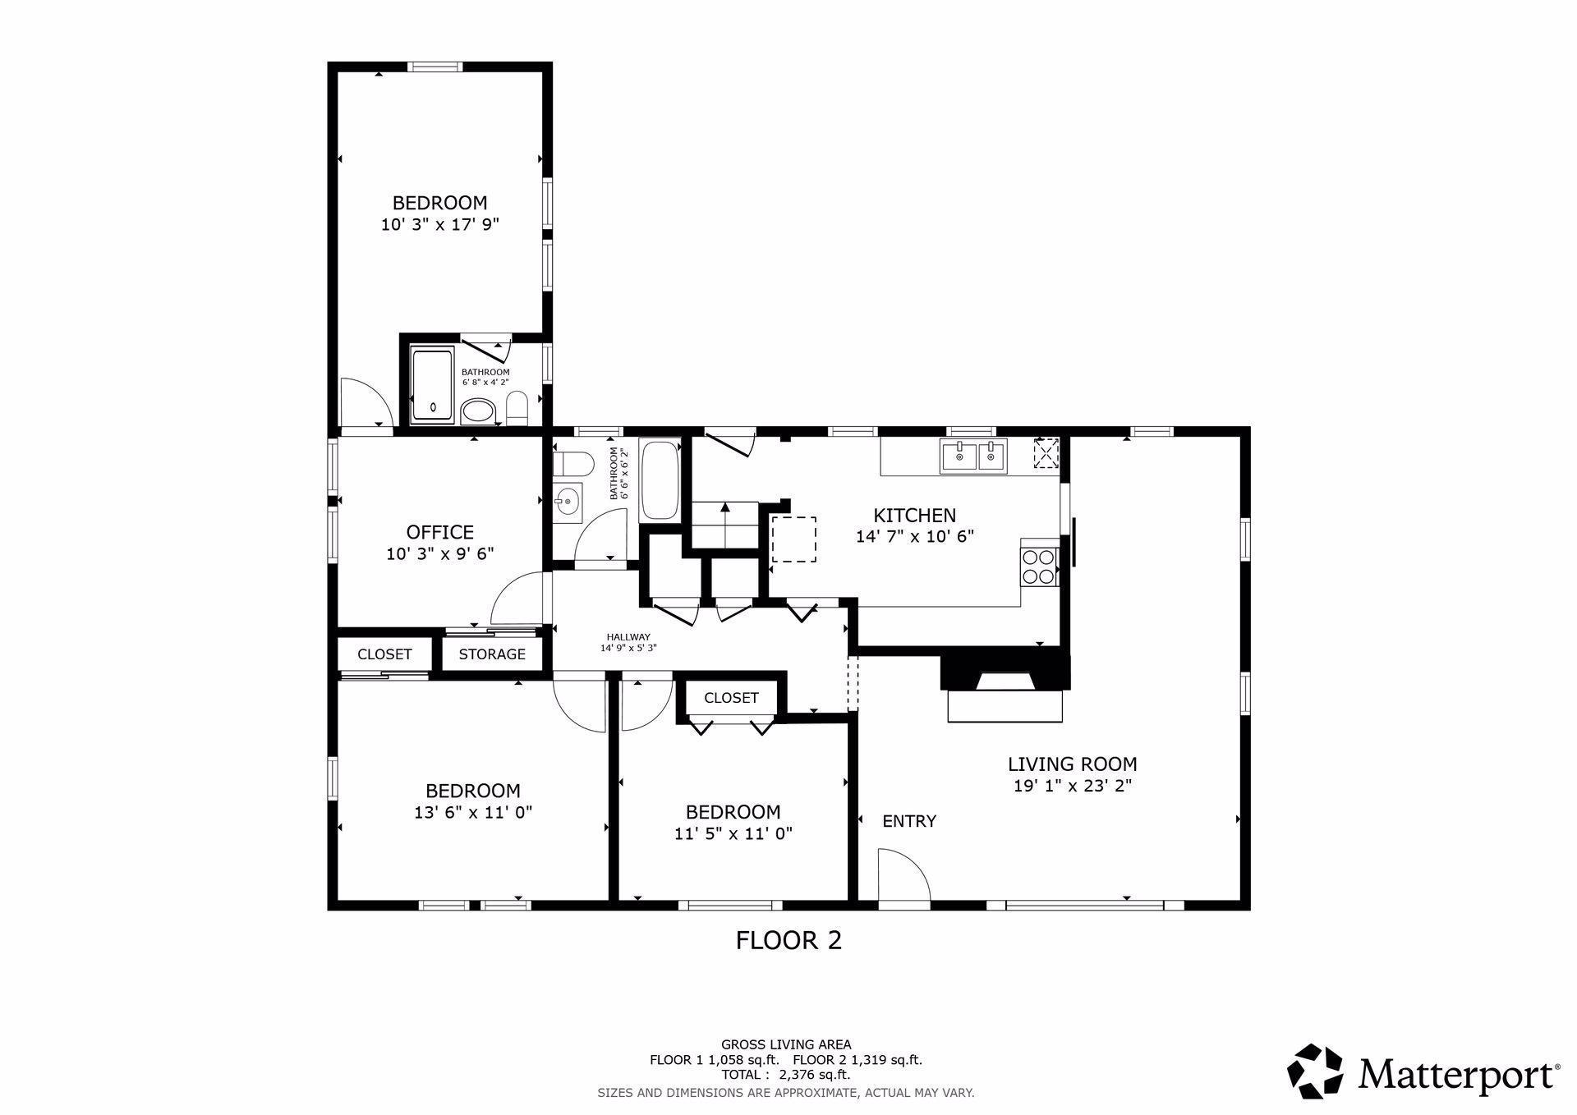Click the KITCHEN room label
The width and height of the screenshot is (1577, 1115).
(914, 516)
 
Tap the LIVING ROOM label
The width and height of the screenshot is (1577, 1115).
(1073, 764)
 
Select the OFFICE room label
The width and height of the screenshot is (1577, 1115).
(440, 532)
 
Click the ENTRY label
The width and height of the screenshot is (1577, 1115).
(909, 821)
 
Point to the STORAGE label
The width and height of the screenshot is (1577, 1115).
(492, 654)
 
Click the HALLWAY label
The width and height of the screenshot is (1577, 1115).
(628, 637)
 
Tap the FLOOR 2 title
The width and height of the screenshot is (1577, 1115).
(788, 940)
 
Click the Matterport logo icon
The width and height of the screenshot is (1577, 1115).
(1315, 1071)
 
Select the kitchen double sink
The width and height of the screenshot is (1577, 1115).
(974, 456)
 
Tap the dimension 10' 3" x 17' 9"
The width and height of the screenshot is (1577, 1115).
(440, 225)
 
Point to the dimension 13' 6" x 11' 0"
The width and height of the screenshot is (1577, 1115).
(473, 813)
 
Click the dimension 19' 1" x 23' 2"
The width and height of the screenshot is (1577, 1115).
(1073, 786)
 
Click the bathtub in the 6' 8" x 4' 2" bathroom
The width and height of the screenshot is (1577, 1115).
(432, 386)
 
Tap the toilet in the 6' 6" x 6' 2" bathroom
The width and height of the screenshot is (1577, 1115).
(572, 465)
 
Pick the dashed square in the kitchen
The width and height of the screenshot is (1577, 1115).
(793, 539)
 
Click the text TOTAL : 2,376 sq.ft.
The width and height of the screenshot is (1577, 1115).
(786, 1074)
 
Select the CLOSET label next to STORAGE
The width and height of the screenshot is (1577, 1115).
(384, 654)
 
